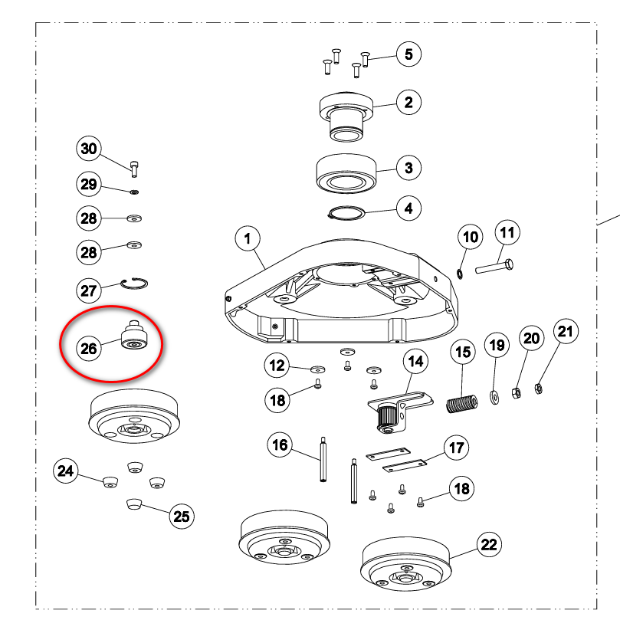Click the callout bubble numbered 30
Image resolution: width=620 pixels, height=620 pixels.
tap(89, 149)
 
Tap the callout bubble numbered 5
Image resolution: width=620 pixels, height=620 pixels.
tap(408, 54)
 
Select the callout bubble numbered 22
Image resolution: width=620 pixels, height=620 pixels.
tap(489, 544)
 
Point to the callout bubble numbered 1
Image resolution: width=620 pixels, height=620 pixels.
tap(248, 239)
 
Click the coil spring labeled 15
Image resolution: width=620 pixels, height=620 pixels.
tap(462, 404)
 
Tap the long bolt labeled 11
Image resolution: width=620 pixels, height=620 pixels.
tap(494, 267)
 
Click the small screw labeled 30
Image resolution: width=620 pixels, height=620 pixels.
tap(134, 169)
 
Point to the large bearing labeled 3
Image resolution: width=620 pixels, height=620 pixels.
tap(346, 174)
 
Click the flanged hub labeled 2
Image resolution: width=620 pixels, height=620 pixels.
tap(346, 116)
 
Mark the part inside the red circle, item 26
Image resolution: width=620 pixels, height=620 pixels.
tap(134, 335)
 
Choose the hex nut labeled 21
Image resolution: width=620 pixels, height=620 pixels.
tap(538, 389)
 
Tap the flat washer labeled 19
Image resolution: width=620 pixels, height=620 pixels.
tap(494, 397)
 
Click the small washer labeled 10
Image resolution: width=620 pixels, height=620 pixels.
tap(460, 274)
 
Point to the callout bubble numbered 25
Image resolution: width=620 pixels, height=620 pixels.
tap(182, 516)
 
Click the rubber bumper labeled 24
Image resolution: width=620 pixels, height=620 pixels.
tap(110, 482)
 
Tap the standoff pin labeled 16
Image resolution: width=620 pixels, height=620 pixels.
tap(323, 459)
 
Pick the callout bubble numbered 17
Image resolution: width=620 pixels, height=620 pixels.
tap(457, 448)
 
